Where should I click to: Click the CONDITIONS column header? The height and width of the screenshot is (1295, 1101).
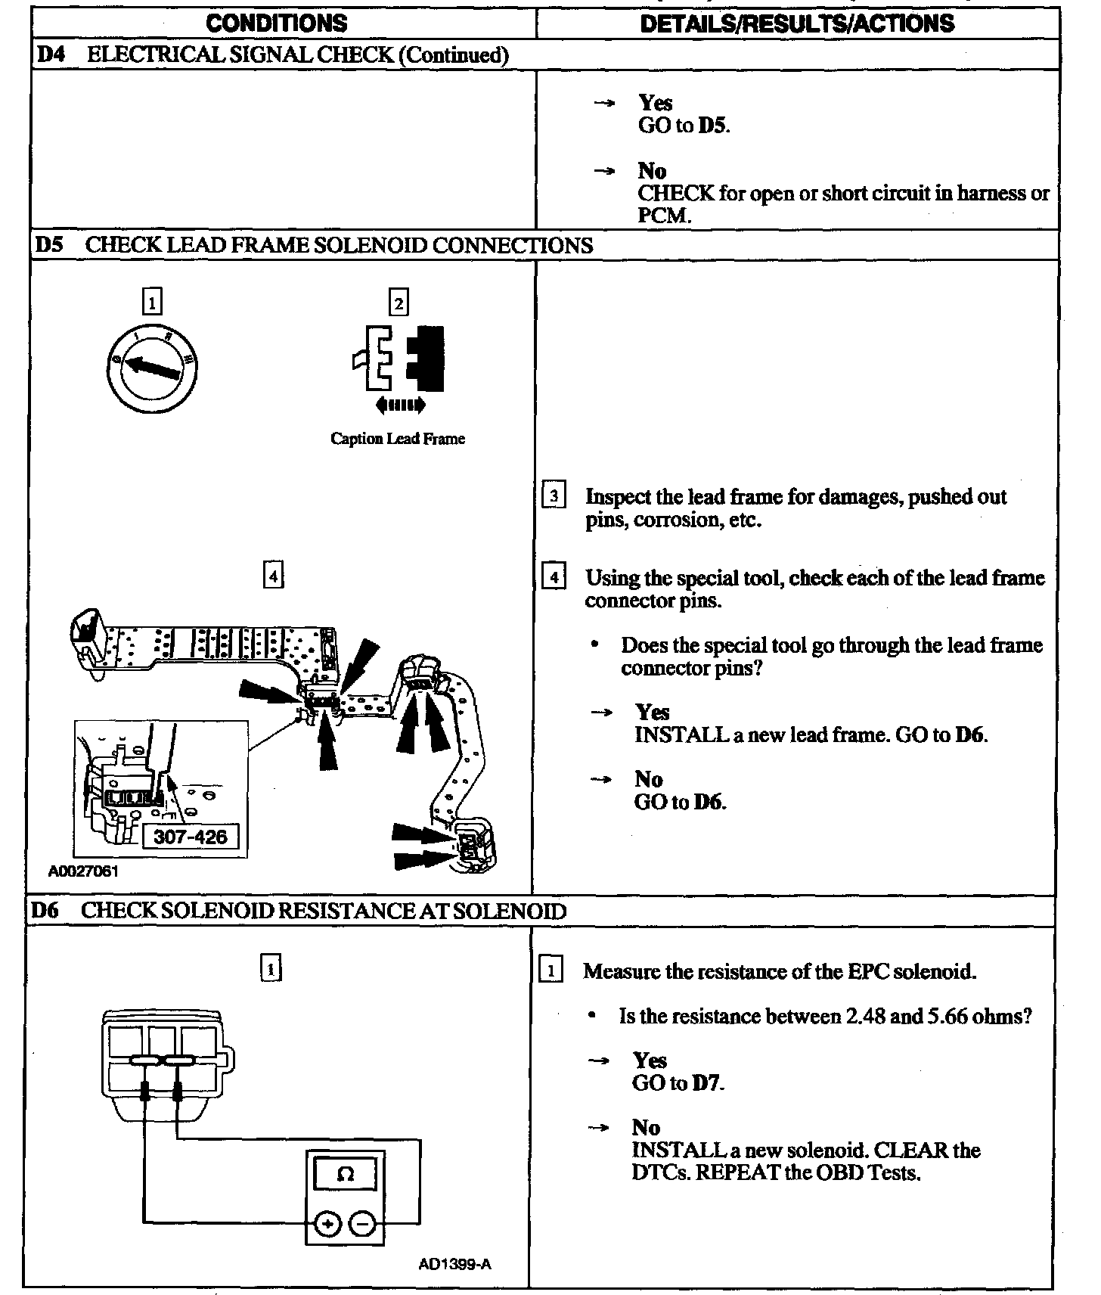click(x=277, y=23)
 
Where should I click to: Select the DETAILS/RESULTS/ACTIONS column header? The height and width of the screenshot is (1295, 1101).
click(x=797, y=23)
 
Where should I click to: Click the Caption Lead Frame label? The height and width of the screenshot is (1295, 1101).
click(x=398, y=439)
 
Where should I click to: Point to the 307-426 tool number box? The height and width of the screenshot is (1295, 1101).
click(x=191, y=837)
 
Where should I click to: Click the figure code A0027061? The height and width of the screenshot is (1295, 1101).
click(x=83, y=871)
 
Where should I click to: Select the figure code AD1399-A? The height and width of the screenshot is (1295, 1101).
click(x=454, y=1264)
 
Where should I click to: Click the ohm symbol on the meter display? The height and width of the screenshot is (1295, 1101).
click(x=346, y=1174)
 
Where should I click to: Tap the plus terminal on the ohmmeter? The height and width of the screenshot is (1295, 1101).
click(x=327, y=1224)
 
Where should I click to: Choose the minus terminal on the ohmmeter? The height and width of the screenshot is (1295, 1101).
click(x=364, y=1224)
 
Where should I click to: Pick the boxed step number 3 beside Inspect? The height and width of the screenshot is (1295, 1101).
click(x=554, y=496)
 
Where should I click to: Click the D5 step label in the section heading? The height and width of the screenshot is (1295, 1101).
click(x=49, y=245)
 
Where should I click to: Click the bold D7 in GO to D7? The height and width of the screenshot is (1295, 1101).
click(x=707, y=1083)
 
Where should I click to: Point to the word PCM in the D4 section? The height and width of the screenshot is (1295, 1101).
click(x=663, y=216)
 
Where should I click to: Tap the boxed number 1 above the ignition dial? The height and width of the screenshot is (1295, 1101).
click(x=151, y=303)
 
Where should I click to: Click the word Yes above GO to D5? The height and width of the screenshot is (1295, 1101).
click(x=655, y=102)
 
